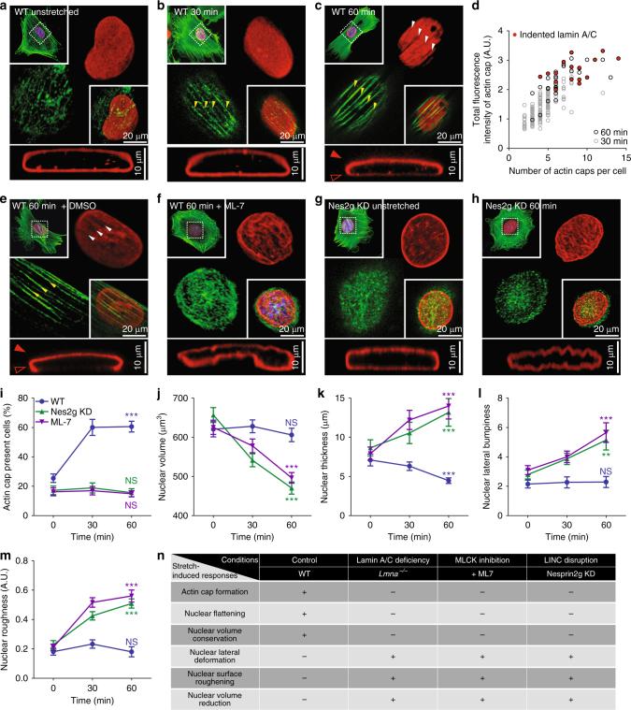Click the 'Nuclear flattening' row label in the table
point(207,605)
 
